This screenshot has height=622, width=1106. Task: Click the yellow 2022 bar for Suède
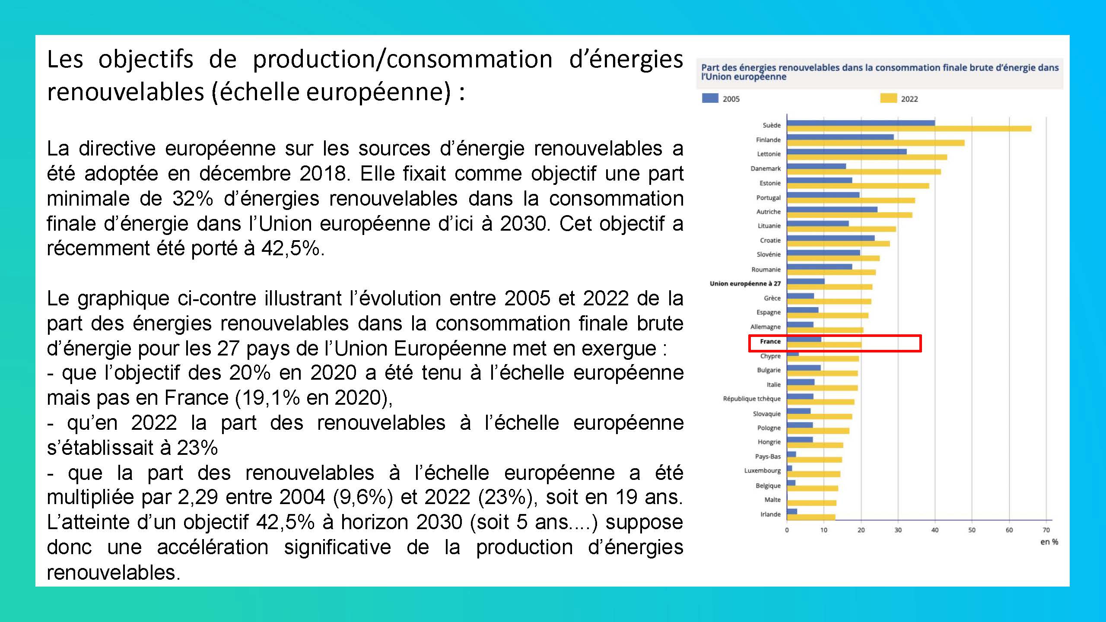point(909,129)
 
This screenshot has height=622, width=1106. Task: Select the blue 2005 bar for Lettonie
point(847,152)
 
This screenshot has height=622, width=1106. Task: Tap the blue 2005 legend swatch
point(710,98)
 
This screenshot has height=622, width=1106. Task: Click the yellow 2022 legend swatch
point(888,98)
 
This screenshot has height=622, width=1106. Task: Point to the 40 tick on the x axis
point(935,530)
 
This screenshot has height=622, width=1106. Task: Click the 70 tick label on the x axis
point(1046,530)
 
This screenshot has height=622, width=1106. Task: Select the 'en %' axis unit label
point(1049,542)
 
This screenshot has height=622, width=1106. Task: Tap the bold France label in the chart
point(770,341)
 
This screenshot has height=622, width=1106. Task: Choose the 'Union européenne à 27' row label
point(745,283)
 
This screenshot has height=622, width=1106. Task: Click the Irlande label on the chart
point(770,514)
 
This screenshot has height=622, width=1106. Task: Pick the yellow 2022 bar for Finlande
point(876,143)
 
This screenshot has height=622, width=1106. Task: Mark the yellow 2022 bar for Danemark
point(864,172)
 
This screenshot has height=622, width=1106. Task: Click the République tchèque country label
point(752,399)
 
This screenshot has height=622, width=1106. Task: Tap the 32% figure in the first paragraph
point(193,199)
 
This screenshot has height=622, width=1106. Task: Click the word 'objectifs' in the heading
point(146,59)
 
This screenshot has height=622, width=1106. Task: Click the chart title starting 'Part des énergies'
point(880,72)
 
